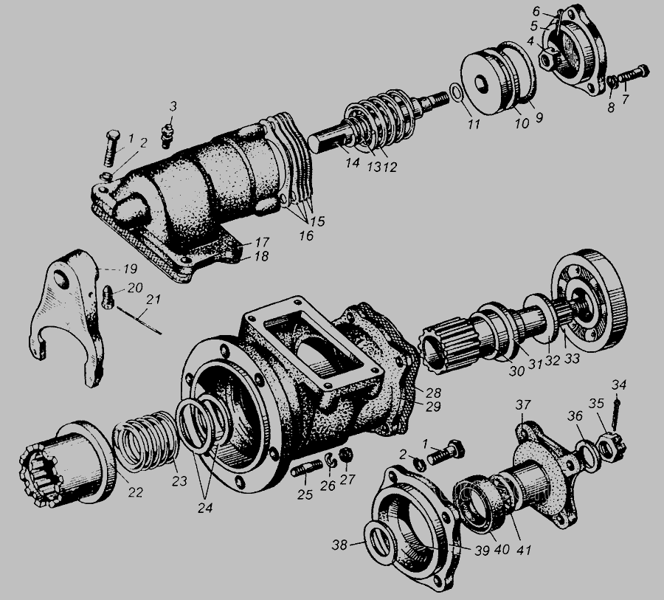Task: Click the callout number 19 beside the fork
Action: tap(131, 269)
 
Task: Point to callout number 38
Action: tap(339, 545)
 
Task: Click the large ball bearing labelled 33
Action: tap(589, 301)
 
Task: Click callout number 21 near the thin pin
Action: tap(153, 300)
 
